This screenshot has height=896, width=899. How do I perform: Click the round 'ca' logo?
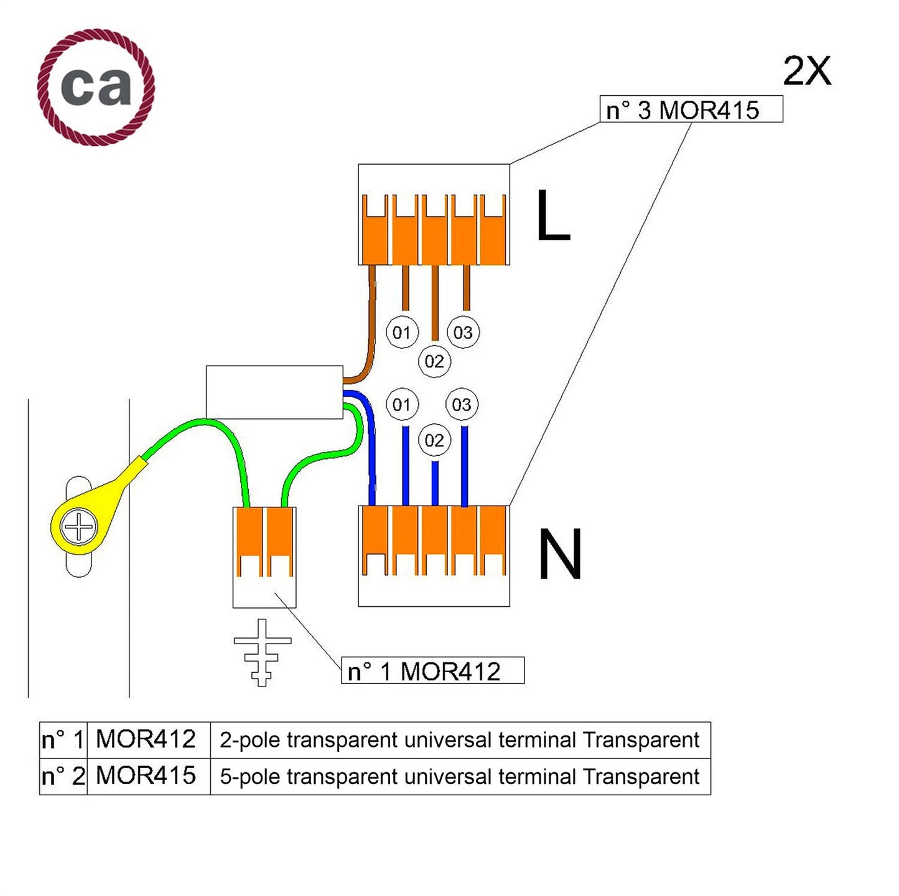[x=96, y=86]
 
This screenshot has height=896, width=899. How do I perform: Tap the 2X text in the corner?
[x=806, y=71]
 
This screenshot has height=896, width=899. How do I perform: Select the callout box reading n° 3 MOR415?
[x=691, y=109]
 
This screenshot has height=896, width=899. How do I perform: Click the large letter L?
[x=552, y=215]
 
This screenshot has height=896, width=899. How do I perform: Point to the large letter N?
[x=559, y=554]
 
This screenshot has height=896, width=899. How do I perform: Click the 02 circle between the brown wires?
[x=434, y=361]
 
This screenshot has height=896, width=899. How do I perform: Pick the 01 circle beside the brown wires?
[x=402, y=332]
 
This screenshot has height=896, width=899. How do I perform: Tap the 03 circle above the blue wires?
[x=462, y=405]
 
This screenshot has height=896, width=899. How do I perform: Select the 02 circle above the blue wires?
[x=434, y=440]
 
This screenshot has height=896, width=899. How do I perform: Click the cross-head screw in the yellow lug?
[x=79, y=527]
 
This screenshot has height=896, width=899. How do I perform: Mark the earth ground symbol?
[x=262, y=652]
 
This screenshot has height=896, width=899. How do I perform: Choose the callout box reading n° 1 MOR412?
[x=432, y=670]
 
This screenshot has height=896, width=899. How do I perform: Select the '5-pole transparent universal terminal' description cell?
[x=460, y=776]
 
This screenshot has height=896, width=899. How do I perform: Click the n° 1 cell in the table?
[x=63, y=740]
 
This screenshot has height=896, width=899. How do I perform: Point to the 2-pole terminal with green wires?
[x=264, y=557]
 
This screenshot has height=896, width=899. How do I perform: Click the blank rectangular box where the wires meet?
[x=274, y=392]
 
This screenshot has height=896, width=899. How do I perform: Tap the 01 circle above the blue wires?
[x=402, y=405]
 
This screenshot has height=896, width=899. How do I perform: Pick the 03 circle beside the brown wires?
[x=463, y=332]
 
